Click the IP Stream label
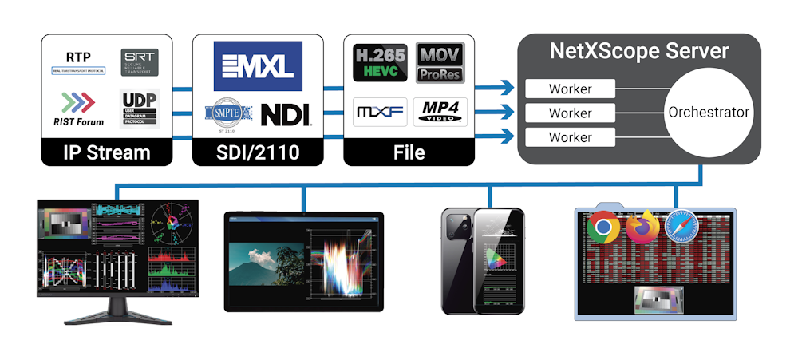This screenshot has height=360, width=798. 106,152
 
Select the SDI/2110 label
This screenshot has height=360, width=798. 258,152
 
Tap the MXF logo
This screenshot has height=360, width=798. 379,111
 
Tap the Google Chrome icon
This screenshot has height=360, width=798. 603,228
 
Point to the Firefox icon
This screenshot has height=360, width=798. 642,227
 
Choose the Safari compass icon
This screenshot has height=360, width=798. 681,227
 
